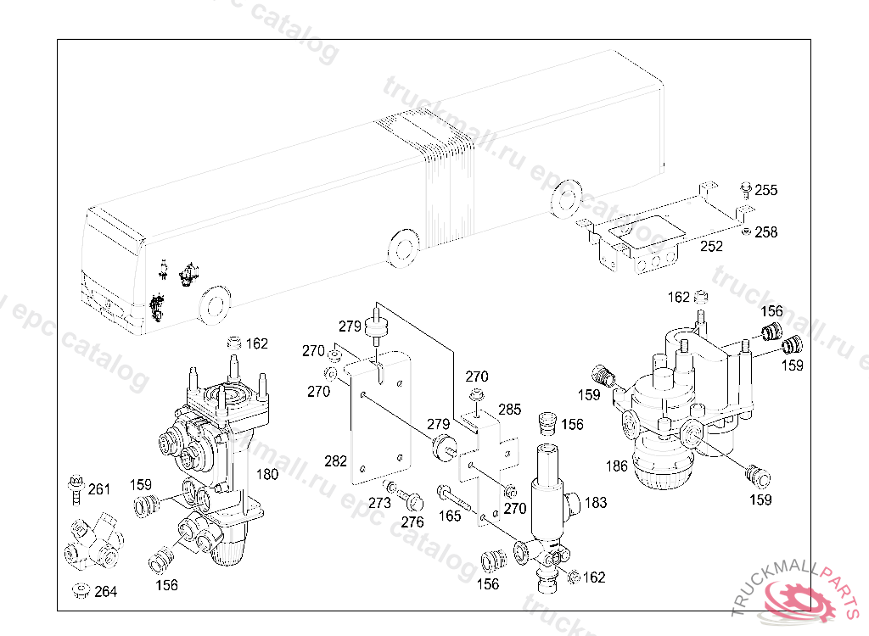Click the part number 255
tap(766, 190)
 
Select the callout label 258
tap(766, 232)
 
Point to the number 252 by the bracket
tap(712, 246)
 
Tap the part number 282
tap(335, 461)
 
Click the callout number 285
tap(510, 410)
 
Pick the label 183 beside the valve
tap(596, 503)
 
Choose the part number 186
tap(617, 466)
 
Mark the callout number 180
tap(267, 474)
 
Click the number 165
tap(450, 516)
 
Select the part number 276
tap(412, 522)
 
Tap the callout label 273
tap(379, 503)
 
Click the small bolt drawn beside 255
tap(746, 189)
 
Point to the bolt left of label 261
tap(76, 490)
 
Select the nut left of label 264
tap(81, 590)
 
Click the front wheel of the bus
tap(214, 305)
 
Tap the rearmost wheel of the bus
tap(566, 199)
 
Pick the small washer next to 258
tap(747, 231)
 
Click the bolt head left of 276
tap(413, 502)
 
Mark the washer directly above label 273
tap(391, 488)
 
